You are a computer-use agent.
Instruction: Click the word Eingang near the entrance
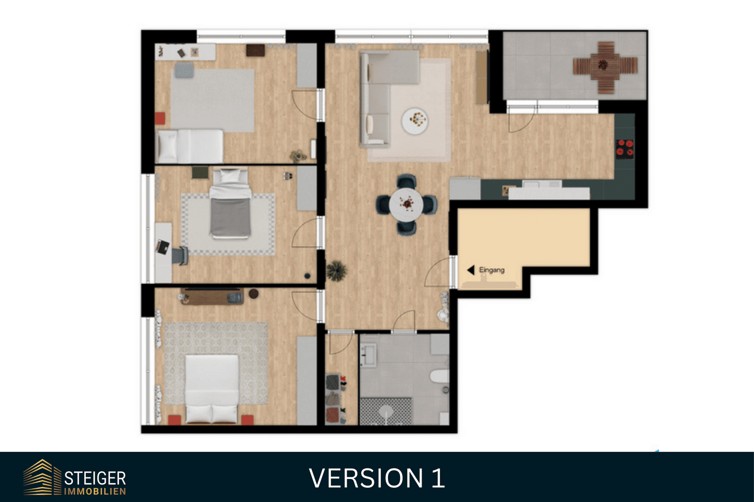(x=492, y=270)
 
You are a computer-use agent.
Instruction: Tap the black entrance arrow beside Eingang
(x=471, y=270)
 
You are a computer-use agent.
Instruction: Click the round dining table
(x=406, y=204)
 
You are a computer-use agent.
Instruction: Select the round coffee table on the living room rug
(x=415, y=121)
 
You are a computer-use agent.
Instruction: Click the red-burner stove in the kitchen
(x=625, y=149)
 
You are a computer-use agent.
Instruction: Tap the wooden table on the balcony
(x=605, y=67)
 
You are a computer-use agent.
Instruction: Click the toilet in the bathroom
(x=440, y=376)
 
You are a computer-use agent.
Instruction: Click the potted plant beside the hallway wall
(x=336, y=270)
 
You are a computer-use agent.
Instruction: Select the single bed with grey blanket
(x=230, y=203)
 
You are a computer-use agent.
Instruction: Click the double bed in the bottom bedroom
(x=212, y=389)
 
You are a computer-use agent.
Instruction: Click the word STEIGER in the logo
(x=95, y=478)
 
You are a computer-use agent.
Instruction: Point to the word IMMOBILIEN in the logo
(x=95, y=492)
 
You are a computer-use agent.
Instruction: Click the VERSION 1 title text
(x=377, y=478)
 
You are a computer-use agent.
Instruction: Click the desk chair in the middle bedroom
(x=180, y=256)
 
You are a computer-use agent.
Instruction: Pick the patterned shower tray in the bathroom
(x=386, y=412)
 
